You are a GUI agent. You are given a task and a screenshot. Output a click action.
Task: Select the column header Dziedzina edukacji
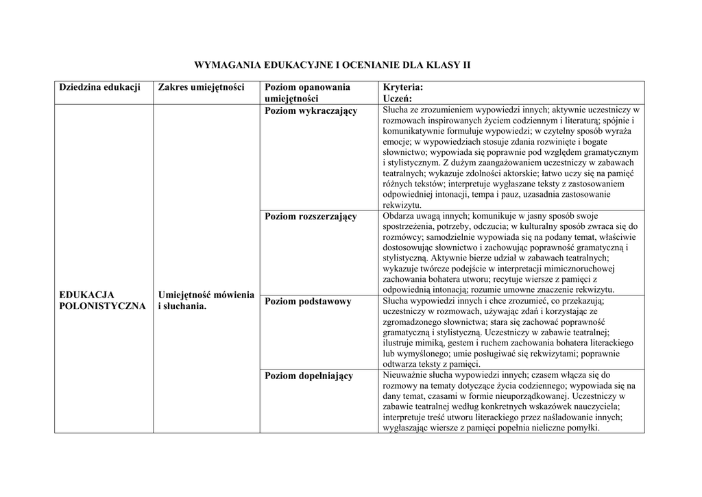[x=100, y=87]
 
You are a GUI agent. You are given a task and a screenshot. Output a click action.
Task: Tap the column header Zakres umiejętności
[x=202, y=87]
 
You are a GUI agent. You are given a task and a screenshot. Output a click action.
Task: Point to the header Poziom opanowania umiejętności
[x=307, y=93]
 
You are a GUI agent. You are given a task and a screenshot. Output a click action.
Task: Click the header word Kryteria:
[x=403, y=87]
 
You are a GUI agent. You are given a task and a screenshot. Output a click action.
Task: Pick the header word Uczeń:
[x=398, y=99]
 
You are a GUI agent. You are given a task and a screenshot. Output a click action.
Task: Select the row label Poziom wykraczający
[x=311, y=111]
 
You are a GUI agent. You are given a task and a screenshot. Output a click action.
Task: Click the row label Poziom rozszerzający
[x=311, y=217]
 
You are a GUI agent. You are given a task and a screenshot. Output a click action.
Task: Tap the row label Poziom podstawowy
[x=308, y=302]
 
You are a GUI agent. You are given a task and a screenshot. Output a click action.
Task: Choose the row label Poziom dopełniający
[x=308, y=376]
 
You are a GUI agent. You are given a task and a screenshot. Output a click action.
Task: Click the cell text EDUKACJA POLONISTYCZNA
[x=102, y=300]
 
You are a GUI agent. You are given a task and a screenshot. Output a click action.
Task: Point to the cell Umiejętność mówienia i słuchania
[x=206, y=300]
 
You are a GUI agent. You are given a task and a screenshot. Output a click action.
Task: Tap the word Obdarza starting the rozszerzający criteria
[x=399, y=216]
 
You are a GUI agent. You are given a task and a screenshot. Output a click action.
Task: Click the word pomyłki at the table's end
[x=585, y=428]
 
